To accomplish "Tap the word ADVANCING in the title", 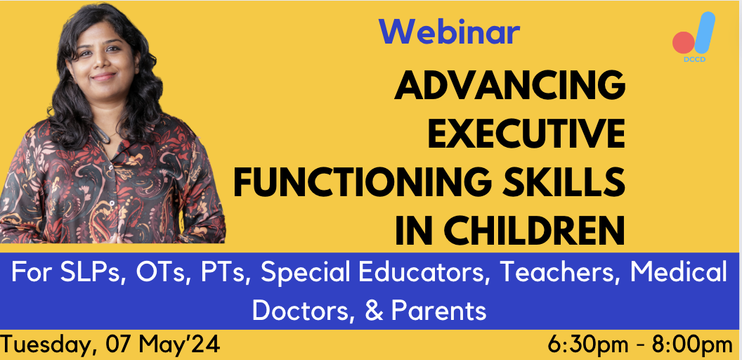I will click(509, 87).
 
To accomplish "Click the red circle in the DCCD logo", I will click(682, 42).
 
